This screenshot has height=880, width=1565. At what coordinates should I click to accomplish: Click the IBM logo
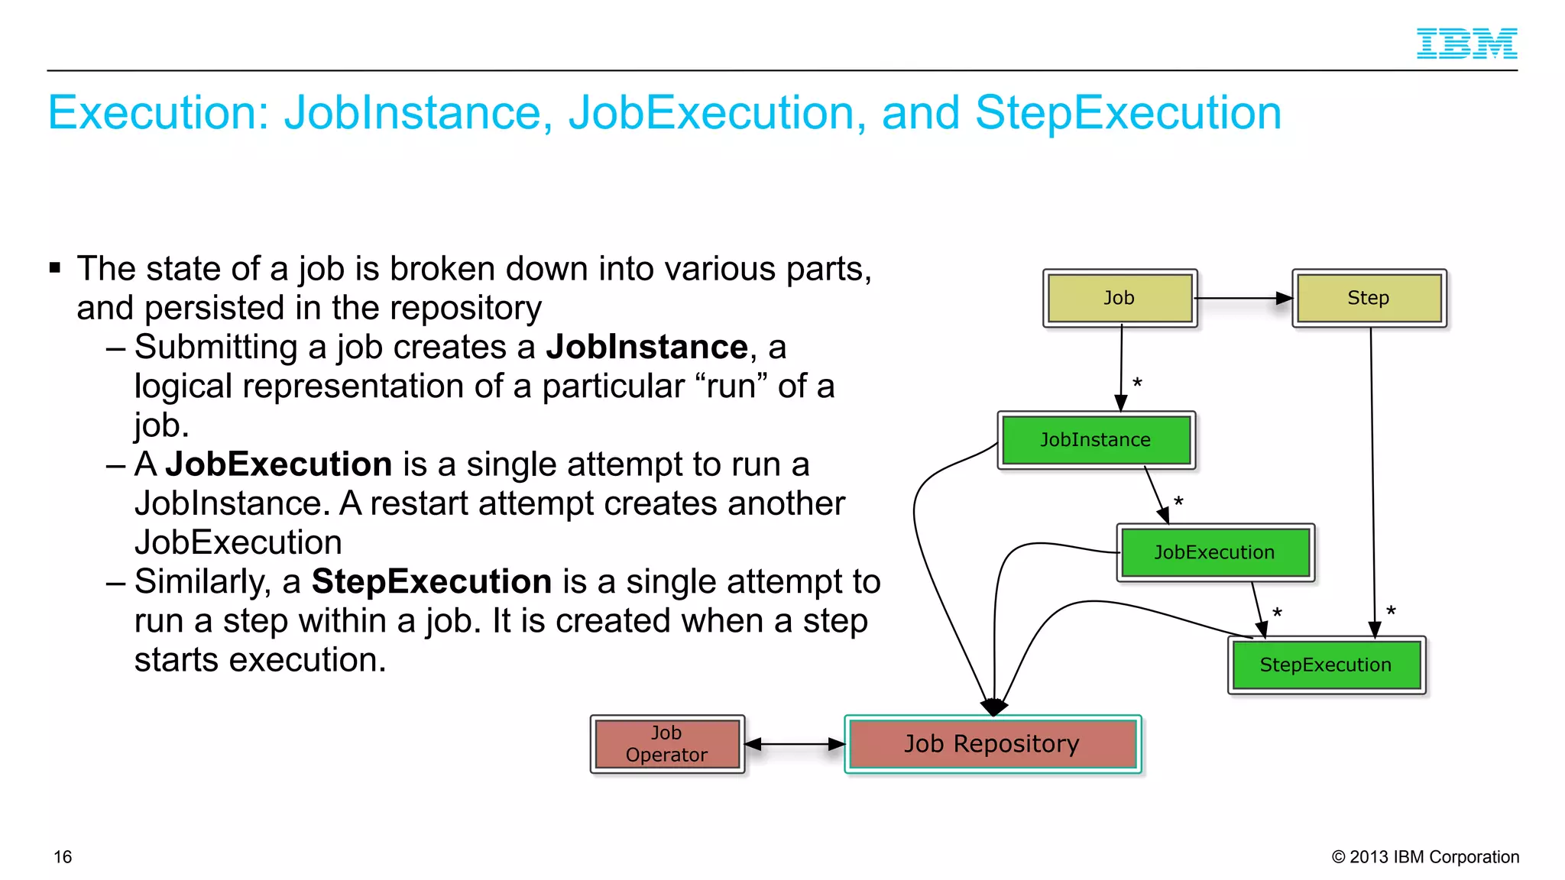point(1466,44)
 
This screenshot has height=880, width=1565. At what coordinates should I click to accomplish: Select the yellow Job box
point(1119,298)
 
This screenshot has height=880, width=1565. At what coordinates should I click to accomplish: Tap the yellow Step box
point(1369,298)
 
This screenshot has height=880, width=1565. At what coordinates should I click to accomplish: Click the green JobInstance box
point(1096,440)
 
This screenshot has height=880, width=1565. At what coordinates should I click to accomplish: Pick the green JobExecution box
point(1214,552)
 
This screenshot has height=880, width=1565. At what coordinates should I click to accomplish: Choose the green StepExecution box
point(1326,665)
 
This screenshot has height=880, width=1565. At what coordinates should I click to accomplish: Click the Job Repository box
point(992,744)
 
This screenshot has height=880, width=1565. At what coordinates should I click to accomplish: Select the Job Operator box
point(666,744)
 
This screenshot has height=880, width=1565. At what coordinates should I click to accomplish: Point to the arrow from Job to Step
point(1243,298)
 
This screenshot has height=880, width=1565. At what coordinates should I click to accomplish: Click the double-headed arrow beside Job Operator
point(794,744)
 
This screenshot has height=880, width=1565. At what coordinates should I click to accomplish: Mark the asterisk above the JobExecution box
point(1178,503)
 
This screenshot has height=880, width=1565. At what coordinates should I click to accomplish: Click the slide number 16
point(63,857)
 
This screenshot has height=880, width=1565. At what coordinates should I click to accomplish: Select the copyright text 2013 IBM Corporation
point(1425,857)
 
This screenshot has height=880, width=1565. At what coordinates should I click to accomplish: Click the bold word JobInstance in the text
point(646,348)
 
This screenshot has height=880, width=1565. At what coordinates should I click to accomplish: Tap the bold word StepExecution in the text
point(431,582)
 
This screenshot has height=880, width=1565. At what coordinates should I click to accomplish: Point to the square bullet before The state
point(55,267)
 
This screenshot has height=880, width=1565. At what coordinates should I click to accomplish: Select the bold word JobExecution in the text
point(278,464)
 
